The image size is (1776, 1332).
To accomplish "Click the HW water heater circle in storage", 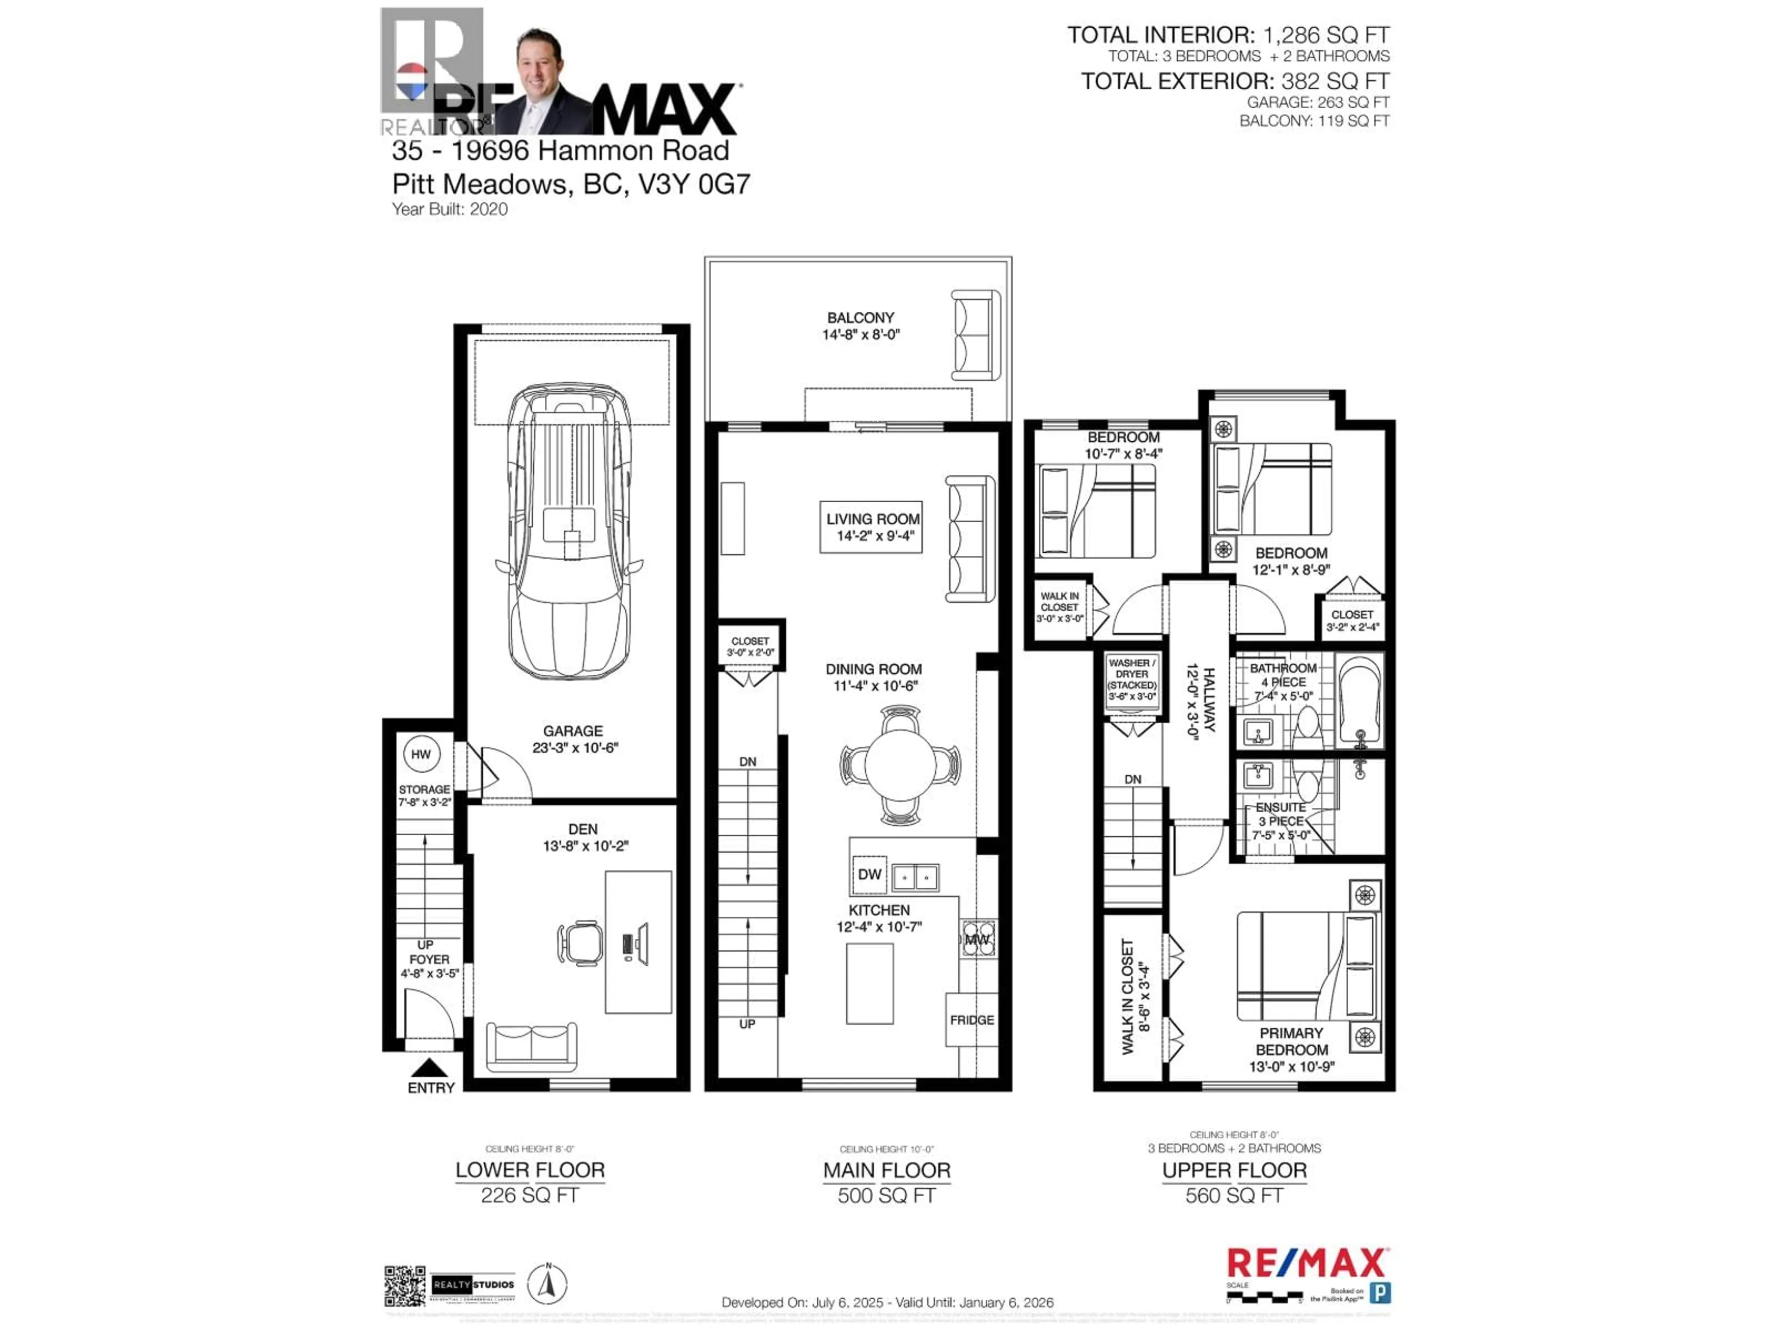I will (x=421, y=754).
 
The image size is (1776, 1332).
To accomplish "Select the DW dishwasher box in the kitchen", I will (x=869, y=874).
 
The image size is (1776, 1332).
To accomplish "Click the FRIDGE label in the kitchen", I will (x=972, y=1020).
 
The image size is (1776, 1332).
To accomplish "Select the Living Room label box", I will (x=871, y=527).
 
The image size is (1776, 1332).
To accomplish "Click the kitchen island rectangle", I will (x=869, y=984).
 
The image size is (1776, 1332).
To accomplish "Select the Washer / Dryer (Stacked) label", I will (x=1132, y=679).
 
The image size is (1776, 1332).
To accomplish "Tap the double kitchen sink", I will (x=916, y=877).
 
